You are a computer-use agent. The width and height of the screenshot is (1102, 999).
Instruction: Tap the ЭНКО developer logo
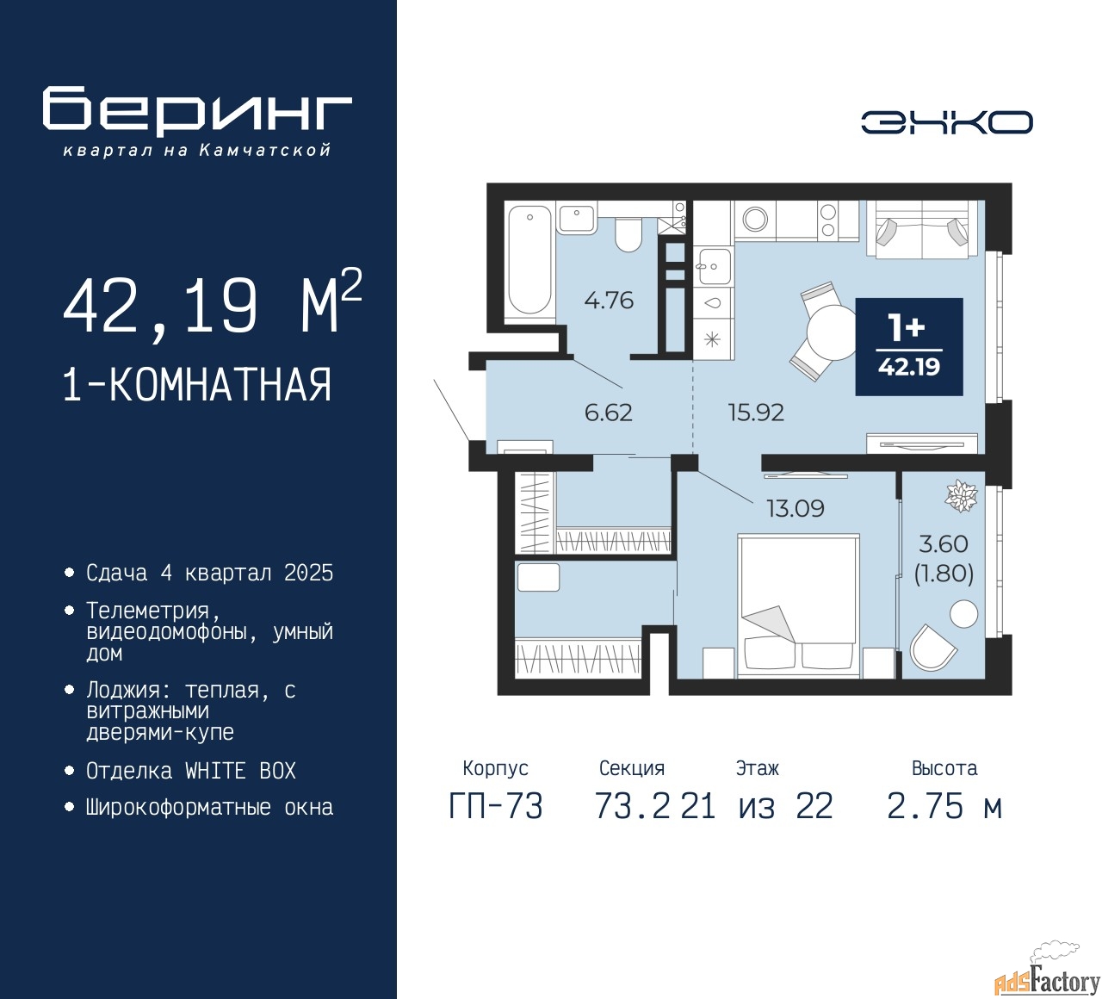946,122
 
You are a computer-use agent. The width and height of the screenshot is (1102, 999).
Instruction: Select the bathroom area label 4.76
609,301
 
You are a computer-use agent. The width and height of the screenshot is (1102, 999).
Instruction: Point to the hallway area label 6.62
608,413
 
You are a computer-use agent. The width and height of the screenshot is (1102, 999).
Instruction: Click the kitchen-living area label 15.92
756,413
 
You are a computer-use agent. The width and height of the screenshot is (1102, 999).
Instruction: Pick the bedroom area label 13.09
796,508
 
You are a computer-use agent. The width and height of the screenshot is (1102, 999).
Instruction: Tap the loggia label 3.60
944,543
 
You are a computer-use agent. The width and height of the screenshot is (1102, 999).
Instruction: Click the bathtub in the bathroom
529,260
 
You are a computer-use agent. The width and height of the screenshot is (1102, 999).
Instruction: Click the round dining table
831,332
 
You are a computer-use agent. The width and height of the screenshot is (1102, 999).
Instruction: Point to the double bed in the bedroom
798,605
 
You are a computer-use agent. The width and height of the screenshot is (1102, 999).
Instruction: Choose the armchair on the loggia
932,648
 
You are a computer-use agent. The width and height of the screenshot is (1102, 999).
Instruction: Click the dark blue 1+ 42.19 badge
909,347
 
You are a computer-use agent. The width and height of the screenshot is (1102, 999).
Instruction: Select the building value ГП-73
496,807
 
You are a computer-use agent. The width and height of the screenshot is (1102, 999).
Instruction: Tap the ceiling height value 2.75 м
944,807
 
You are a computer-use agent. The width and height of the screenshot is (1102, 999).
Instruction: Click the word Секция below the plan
632,768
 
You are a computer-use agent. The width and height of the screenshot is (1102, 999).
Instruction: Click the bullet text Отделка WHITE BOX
190,771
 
